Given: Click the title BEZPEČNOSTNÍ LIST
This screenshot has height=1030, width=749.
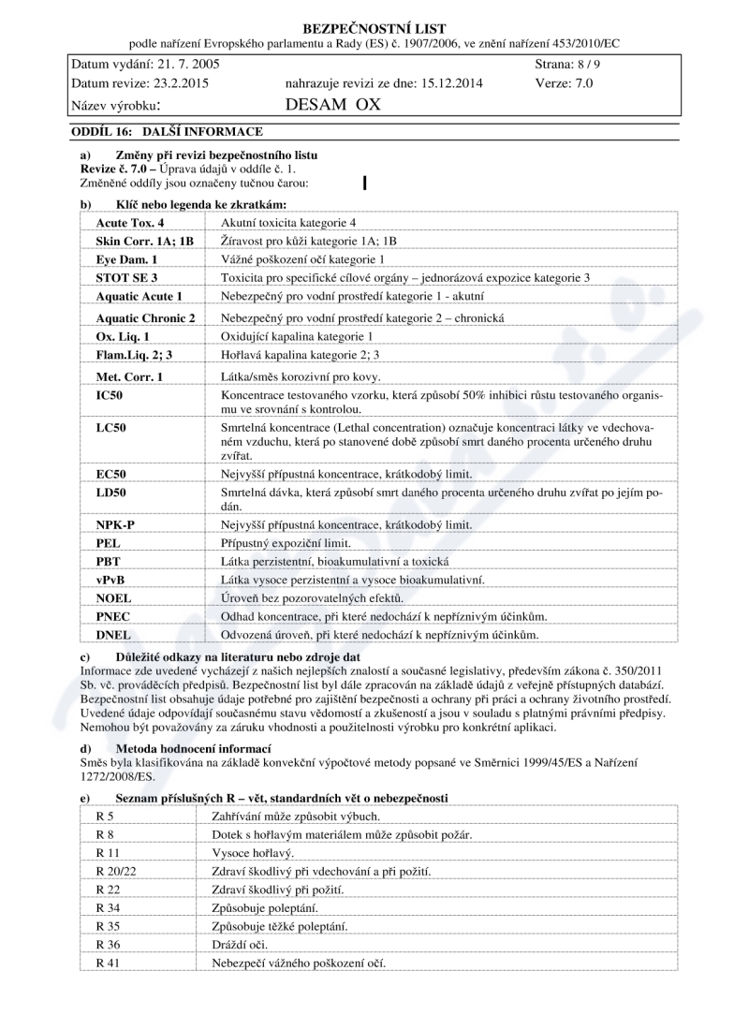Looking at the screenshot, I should [x=374, y=29].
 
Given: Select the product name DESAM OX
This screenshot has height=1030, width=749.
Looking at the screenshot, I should [x=332, y=104].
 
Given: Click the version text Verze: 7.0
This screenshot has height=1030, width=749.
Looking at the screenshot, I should [x=565, y=82].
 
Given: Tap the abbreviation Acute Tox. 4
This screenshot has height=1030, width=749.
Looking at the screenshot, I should [x=130, y=223].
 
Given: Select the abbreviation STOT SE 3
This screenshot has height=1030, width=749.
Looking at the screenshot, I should [x=126, y=278].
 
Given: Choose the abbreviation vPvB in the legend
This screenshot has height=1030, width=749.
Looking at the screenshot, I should [x=110, y=580].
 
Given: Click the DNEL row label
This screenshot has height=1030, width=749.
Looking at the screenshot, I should [x=112, y=635].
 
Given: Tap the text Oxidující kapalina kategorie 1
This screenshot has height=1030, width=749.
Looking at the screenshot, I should [x=297, y=336].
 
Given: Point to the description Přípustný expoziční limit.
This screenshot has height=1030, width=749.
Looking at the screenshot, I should [x=286, y=543].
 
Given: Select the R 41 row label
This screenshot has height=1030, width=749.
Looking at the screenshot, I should [x=110, y=963].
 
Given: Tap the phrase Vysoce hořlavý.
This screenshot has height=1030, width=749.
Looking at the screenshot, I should [x=254, y=853].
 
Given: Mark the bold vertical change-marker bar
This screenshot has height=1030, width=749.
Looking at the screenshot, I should [x=363, y=182].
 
